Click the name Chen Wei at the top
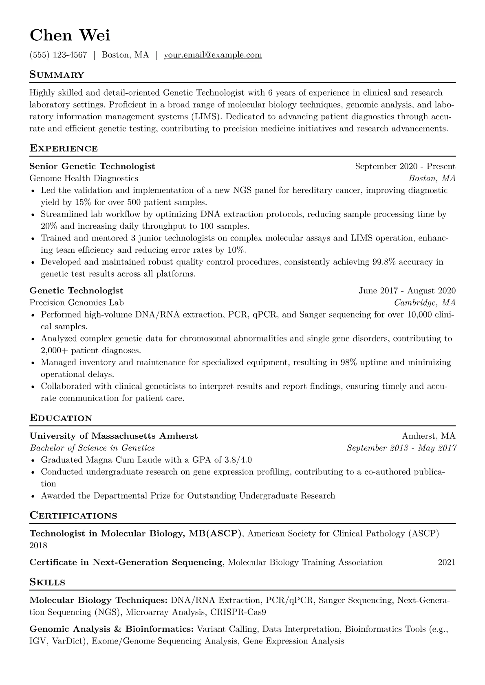(x=70, y=35)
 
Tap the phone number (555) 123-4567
(x=58, y=55)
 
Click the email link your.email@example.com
(x=213, y=55)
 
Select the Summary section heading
(x=57, y=75)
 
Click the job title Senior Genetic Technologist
(x=92, y=166)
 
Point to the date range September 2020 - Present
(x=405, y=166)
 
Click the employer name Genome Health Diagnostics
(x=84, y=178)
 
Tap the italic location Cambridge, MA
(x=424, y=303)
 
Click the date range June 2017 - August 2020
(x=407, y=291)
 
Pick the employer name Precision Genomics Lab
(x=77, y=303)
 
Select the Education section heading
(x=61, y=418)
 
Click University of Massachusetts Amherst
(x=114, y=436)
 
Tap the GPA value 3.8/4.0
(x=238, y=460)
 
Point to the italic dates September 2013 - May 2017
(x=401, y=448)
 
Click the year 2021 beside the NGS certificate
(x=446, y=563)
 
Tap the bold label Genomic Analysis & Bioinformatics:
(x=111, y=629)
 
